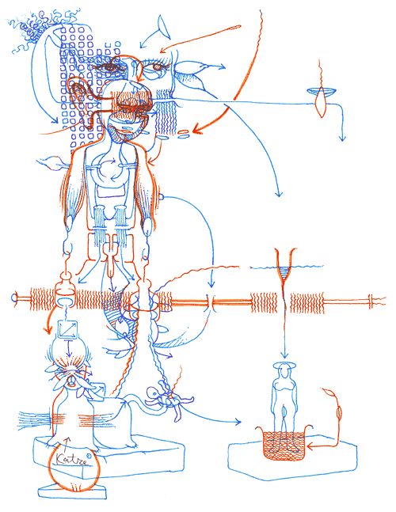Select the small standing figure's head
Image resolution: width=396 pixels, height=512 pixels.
283,369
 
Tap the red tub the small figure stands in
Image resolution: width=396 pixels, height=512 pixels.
284,444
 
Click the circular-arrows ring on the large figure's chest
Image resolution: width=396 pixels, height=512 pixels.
109,169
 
